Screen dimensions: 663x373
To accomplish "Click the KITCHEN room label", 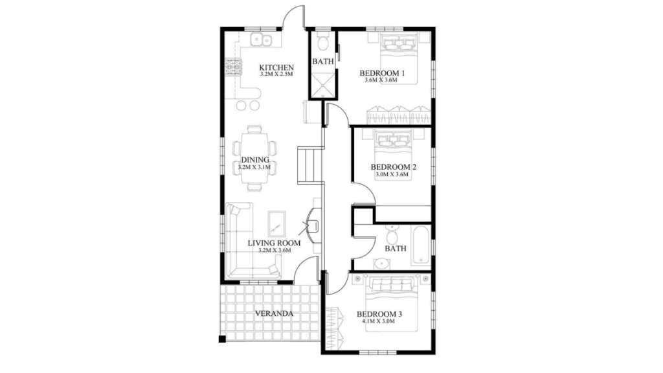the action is pyautogui.click(x=276, y=67).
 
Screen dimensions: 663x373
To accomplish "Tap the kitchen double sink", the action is pyautogui.click(x=261, y=40).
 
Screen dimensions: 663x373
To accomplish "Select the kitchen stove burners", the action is pyautogui.click(x=233, y=67).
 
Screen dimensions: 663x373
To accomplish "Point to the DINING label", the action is pyautogui.click(x=255, y=160).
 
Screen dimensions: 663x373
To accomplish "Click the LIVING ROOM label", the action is pyautogui.click(x=274, y=243).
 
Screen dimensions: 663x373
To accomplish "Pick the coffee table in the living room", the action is pyautogui.click(x=276, y=224).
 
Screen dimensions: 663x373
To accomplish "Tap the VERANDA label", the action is pyautogui.click(x=274, y=314).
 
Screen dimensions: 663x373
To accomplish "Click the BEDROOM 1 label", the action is pyautogui.click(x=382, y=73).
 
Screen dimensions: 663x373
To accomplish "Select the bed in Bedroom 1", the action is pyautogui.click(x=399, y=59).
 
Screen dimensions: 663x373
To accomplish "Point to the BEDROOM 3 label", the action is pyautogui.click(x=379, y=314).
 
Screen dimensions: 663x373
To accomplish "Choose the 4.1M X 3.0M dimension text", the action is pyautogui.click(x=378, y=321).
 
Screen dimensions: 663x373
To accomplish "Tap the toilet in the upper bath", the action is pyautogui.click(x=323, y=42).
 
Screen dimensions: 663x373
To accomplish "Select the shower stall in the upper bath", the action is pyautogui.click(x=323, y=85).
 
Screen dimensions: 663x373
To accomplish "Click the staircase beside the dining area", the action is pyautogui.click(x=310, y=165).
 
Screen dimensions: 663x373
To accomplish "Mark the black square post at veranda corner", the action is pyautogui.click(x=222, y=339).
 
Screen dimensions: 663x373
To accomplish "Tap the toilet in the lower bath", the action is pyautogui.click(x=392, y=233).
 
